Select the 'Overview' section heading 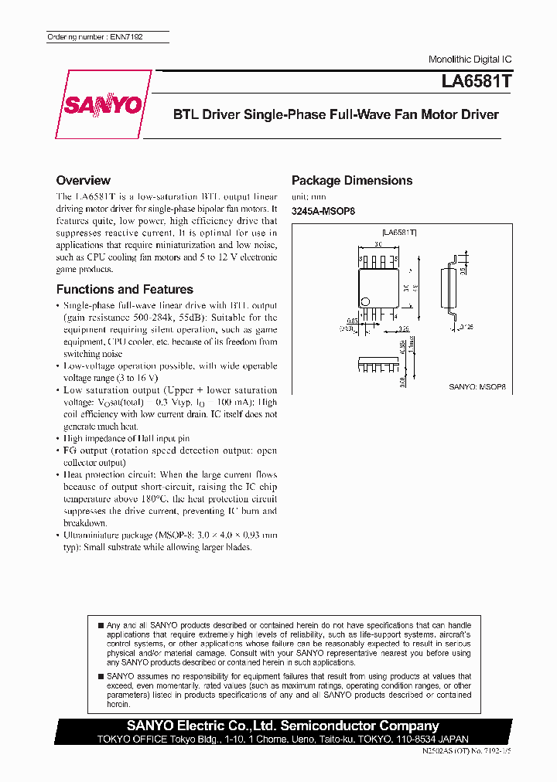[x=84, y=181]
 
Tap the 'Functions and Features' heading [x=125, y=290]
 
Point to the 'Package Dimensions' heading [x=352, y=181]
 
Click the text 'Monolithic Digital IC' [x=470, y=59]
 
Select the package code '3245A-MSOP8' [x=323, y=212]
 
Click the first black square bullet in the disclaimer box [x=101, y=624]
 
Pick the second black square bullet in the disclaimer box [x=101, y=676]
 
